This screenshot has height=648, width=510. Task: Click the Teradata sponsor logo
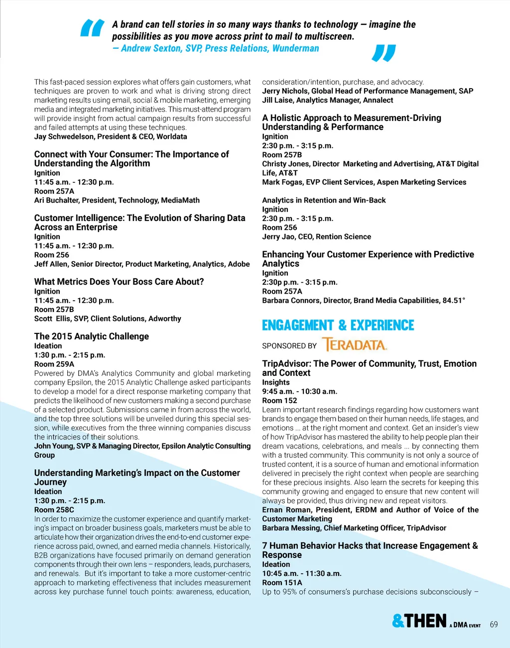355,345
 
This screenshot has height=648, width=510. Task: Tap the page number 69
494,625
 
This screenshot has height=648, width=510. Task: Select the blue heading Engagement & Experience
338,325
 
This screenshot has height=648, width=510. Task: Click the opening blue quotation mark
92,28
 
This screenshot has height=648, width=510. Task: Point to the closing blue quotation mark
383,53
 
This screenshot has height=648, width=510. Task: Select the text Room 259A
54,364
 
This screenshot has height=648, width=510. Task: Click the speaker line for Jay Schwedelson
111,136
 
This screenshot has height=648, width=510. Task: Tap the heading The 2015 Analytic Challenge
92,336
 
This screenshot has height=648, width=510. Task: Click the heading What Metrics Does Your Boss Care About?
119,282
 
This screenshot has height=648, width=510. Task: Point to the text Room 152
280,401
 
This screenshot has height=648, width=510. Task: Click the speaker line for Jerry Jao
317,237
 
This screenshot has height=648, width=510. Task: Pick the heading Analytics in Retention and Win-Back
324,200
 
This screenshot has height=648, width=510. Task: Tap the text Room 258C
54,510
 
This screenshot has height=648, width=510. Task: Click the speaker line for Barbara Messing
354,528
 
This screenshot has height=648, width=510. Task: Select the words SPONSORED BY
289,346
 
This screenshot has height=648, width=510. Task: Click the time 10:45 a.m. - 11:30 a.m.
302,573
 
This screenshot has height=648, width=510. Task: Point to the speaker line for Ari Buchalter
117,200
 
